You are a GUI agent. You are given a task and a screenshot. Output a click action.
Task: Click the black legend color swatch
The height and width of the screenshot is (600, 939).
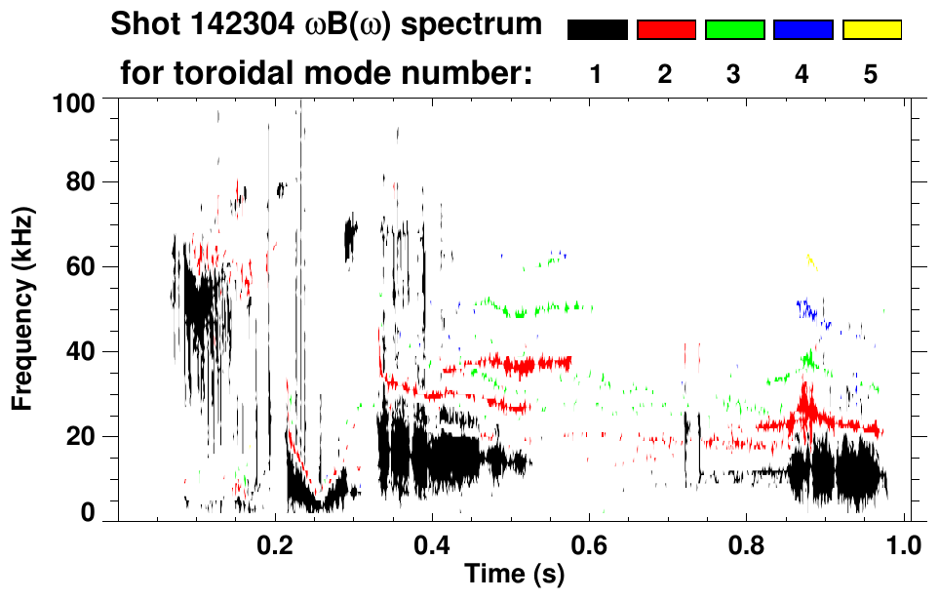pyautogui.click(x=597, y=30)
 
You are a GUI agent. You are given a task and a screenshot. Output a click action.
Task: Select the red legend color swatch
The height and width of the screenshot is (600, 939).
pyautogui.click(x=666, y=30)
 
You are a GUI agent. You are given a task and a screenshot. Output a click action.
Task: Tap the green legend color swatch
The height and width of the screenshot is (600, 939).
pyautogui.click(x=734, y=30)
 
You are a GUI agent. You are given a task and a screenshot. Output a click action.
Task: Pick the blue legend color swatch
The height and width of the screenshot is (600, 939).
pyautogui.click(x=802, y=30)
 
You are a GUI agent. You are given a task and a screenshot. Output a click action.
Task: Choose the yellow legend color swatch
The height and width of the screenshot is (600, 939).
pyautogui.click(x=872, y=30)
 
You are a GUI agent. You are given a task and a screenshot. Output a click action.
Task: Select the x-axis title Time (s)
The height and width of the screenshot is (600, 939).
pyautogui.click(x=514, y=575)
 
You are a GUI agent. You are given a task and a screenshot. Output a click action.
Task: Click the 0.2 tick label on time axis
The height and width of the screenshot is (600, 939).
pyautogui.click(x=275, y=541)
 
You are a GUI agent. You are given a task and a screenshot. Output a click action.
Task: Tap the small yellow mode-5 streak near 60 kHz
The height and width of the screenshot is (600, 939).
pyautogui.click(x=810, y=260)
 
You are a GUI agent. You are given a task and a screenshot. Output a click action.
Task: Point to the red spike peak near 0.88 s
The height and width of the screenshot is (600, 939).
pyautogui.click(x=805, y=388)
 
